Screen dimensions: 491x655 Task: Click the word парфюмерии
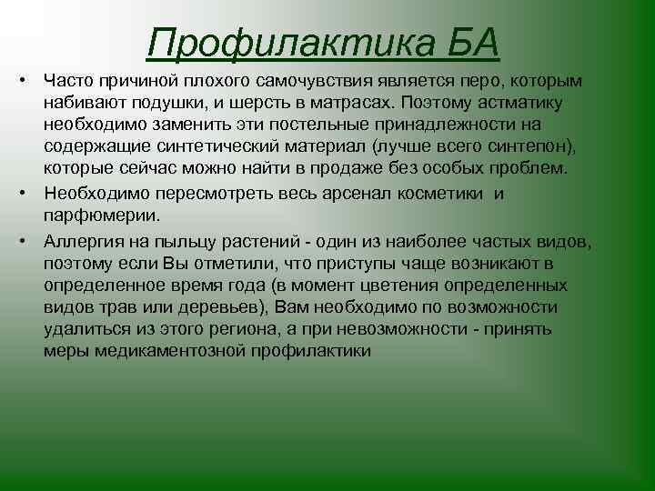click(x=100, y=215)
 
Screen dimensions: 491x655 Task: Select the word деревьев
click(x=224, y=306)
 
